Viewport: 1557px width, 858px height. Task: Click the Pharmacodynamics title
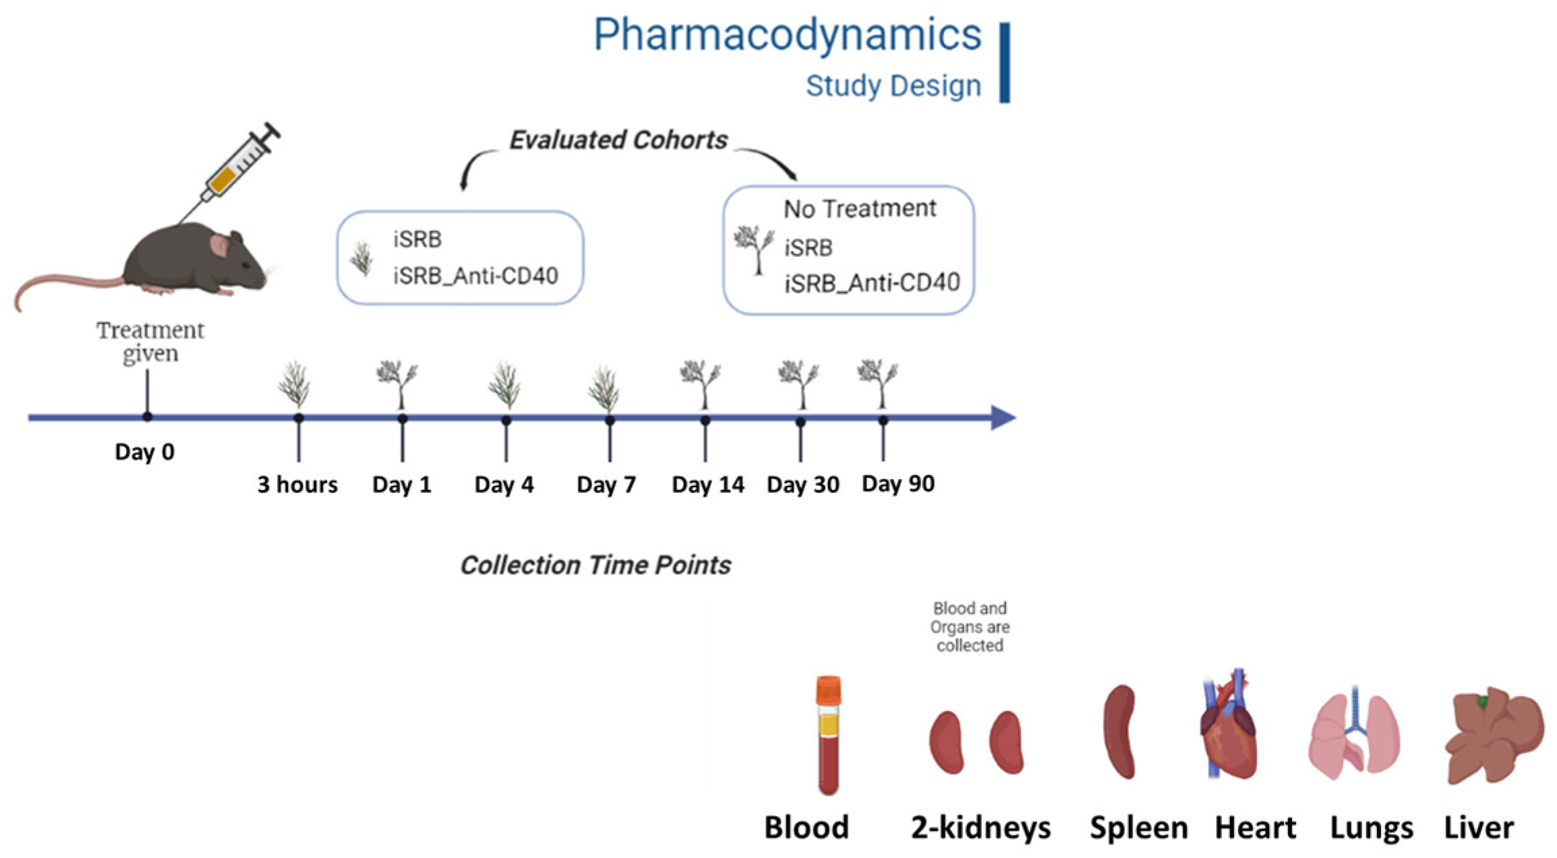click(x=786, y=35)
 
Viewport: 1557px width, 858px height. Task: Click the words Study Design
click(x=893, y=86)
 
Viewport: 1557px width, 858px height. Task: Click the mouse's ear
click(x=219, y=245)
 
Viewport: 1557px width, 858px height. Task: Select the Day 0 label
click(x=144, y=452)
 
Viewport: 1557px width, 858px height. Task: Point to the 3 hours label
click(x=297, y=485)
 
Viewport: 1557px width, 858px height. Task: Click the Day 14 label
click(x=707, y=485)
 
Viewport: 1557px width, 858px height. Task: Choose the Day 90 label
click(x=898, y=484)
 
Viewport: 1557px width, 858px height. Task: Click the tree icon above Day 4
click(x=505, y=386)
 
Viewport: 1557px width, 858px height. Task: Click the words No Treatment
click(x=859, y=209)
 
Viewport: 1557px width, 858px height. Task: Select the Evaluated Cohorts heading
click(x=618, y=140)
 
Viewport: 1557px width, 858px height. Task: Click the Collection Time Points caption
click(x=595, y=565)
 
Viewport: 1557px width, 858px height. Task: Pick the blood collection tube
click(x=828, y=735)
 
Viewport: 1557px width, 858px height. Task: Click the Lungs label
click(x=1371, y=828)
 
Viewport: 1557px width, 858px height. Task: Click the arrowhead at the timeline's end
click(x=1003, y=418)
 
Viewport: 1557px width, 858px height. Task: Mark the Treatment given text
click(x=150, y=342)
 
